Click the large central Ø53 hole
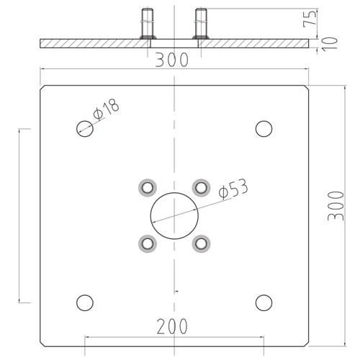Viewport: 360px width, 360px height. coord(175,216)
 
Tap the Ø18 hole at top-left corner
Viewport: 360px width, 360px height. coord(85,129)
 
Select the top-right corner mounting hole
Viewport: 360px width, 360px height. coord(264,129)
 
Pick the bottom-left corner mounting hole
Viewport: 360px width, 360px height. coord(85,302)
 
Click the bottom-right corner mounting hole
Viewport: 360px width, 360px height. coord(264,302)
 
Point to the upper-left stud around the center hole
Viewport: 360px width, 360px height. coord(148,188)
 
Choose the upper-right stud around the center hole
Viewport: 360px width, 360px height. coord(202,188)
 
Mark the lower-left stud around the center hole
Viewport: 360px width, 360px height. coord(148,243)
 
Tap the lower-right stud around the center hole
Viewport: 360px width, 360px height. coord(202,243)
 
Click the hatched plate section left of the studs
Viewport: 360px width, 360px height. coord(94,43)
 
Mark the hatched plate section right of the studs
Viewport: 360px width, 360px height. coord(256,43)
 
